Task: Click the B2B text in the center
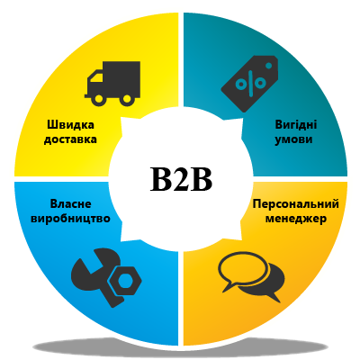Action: [181, 178]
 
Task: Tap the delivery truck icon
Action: [112, 84]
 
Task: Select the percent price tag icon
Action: [249, 84]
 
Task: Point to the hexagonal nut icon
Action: [123, 281]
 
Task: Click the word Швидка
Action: [71, 124]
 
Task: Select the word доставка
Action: [70, 139]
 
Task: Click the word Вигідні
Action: [296, 124]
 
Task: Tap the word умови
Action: [293, 140]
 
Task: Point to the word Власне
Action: [71, 204]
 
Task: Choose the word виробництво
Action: [71, 219]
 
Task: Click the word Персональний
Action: [296, 204]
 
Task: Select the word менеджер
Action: [296, 219]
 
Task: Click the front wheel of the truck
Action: [99, 99]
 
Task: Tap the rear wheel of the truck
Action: [127, 99]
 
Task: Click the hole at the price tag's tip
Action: [269, 65]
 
